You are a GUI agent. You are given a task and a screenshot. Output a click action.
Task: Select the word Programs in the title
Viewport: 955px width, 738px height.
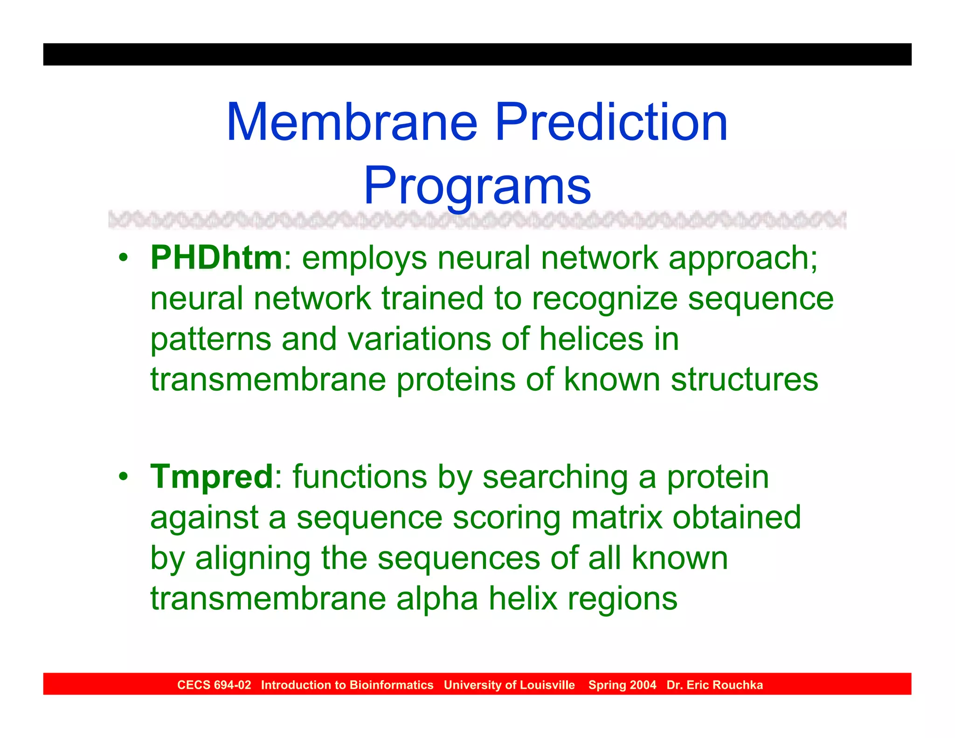tap(477, 187)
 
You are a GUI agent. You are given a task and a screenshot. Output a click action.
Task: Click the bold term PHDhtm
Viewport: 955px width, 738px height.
tap(216, 258)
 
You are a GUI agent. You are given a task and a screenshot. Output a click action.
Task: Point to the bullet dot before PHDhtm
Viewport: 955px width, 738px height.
tap(123, 258)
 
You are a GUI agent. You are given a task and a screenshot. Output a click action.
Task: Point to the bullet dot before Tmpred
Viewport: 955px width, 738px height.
tap(123, 477)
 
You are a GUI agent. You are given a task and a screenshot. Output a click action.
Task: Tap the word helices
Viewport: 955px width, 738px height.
tap(591, 339)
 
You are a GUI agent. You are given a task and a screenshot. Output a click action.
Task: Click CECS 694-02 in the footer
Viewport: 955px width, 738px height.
tap(214, 685)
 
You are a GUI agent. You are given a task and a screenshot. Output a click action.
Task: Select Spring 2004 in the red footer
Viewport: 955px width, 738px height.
tap(622, 685)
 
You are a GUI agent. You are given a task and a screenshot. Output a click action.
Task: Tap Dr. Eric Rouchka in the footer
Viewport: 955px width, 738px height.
tap(714, 685)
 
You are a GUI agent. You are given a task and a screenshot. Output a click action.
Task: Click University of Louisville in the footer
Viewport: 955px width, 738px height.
tap(509, 685)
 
